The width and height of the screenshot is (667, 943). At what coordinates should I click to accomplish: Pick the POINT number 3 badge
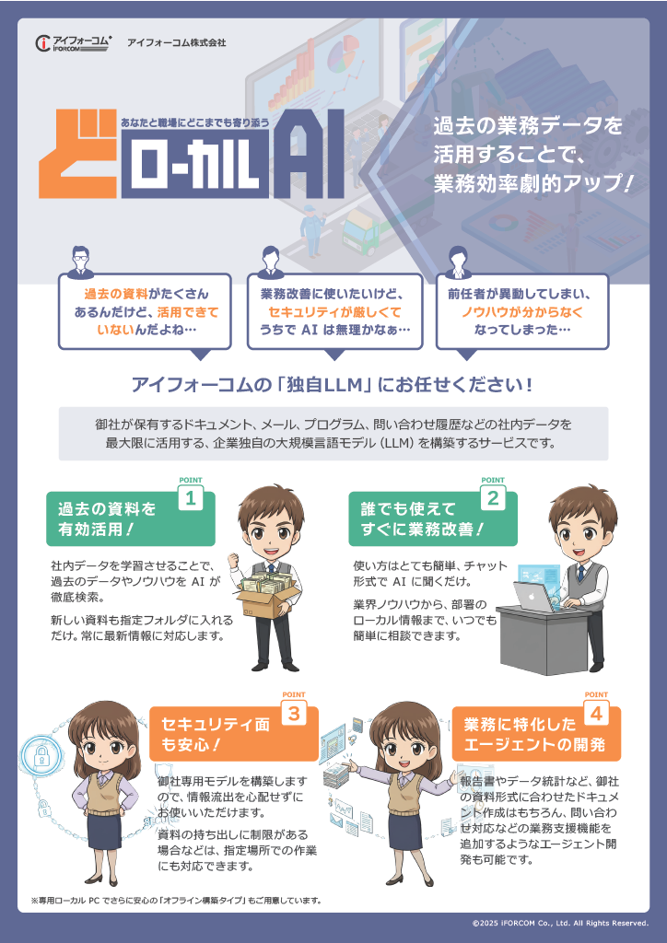pos(293,712)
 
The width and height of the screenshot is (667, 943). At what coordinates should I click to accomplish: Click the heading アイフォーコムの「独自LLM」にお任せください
pos(333,383)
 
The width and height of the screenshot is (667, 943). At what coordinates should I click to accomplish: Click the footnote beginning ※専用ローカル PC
pos(175,899)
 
